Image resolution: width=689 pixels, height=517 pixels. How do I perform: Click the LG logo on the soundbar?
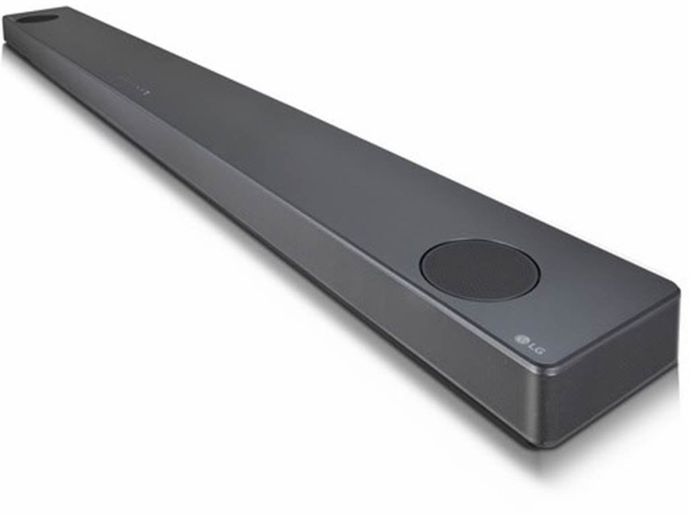529,341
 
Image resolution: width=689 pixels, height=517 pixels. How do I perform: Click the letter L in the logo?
531,342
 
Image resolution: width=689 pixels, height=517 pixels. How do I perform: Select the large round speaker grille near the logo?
479,270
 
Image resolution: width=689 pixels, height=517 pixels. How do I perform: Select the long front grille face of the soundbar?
269,236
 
